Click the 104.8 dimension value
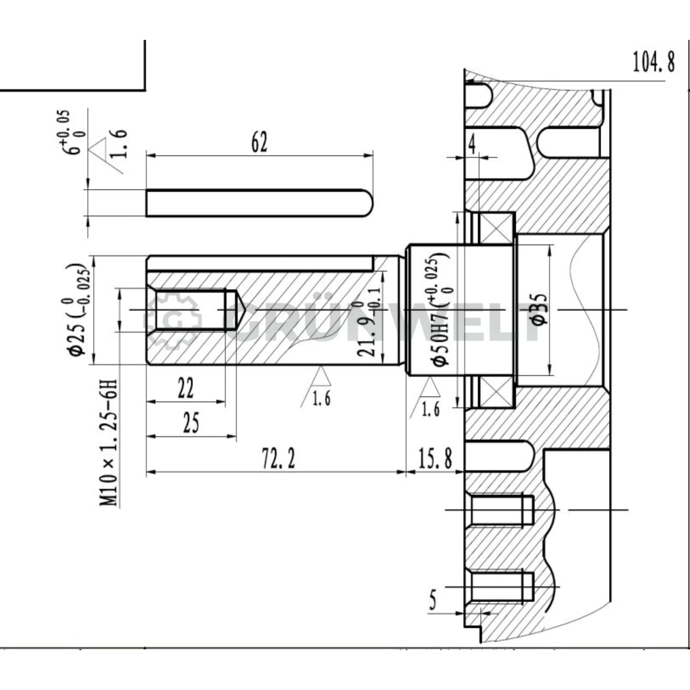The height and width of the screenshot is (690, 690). click(x=653, y=62)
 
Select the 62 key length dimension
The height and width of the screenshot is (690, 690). click(x=259, y=142)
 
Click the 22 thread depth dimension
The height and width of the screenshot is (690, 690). click(x=185, y=388)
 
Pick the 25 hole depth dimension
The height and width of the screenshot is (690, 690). click(x=191, y=423)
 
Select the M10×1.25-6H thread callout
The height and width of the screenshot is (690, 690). click(x=109, y=442)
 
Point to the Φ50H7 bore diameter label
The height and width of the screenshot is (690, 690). click(x=440, y=310)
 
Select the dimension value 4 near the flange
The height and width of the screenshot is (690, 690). click(x=472, y=145)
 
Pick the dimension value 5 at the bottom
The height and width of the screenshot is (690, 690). click(x=433, y=600)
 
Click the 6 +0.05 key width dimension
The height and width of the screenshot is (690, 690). click(x=70, y=134)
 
